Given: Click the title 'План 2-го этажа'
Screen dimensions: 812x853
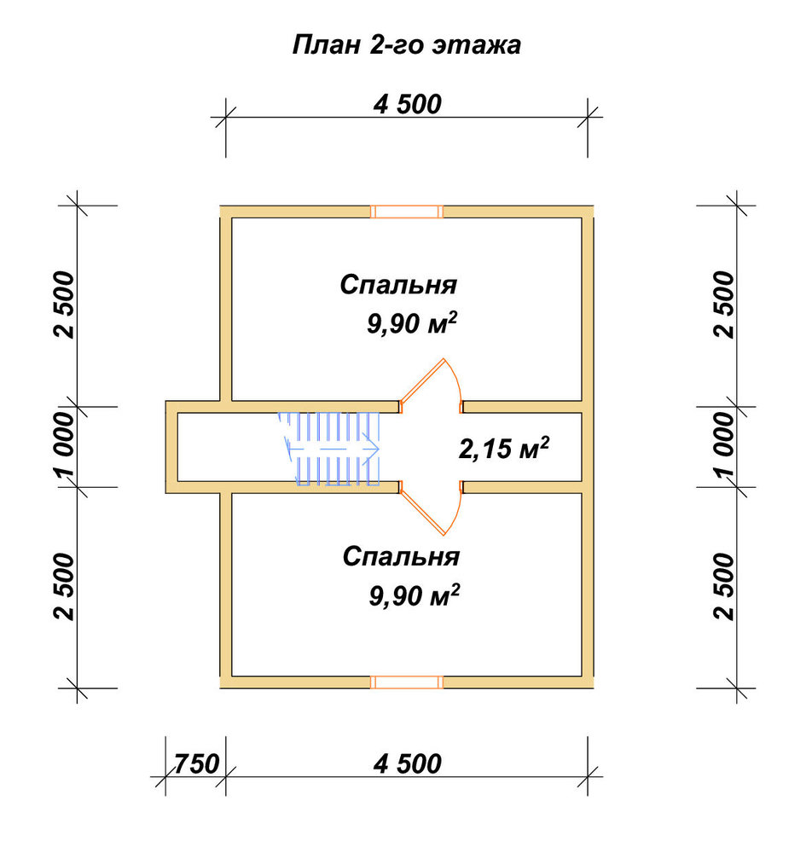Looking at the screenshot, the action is (x=406, y=44).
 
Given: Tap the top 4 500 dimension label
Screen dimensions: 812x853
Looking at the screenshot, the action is (x=407, y=104).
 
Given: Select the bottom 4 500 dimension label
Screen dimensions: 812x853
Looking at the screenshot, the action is (x=407, y=763).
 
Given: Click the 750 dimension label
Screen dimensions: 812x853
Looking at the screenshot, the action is (x=196, y=763).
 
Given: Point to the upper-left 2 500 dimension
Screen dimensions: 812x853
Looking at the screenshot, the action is (x=64, y=305).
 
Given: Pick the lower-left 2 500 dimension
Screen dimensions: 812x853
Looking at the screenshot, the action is (x=64, y=587).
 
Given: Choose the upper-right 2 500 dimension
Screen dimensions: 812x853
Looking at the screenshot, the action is (x=724, y=305).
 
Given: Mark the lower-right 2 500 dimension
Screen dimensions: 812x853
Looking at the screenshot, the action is (x=724, y=587).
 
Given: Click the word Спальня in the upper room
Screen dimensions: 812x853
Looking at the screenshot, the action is (x=398, y=285).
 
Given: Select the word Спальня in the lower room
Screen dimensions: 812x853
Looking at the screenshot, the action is (x=401, y=556).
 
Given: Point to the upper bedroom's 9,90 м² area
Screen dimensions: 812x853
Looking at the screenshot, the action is (x=412, y=323).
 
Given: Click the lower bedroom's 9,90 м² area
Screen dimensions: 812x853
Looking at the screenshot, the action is (x=414, y=595).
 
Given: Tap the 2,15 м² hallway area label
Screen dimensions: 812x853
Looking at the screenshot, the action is (x=503, y=449).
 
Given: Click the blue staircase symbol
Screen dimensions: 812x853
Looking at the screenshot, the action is (x=329, y=449).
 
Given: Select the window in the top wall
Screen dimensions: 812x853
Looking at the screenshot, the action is (x=407, y=212).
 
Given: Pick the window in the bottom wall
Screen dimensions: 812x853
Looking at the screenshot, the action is (x=407, y=682).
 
